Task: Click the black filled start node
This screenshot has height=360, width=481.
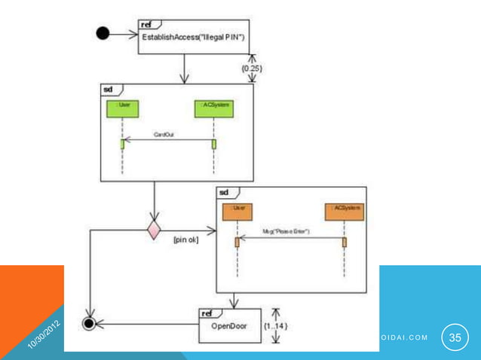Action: click(x=103, y=35)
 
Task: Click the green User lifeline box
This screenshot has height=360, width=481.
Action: click(x=121, y=108)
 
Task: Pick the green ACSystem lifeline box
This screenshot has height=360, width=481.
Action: click(x=214, y=108)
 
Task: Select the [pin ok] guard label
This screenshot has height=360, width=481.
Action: click(x=186, y=240)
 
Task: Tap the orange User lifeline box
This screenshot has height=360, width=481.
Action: click(x=237, y=212)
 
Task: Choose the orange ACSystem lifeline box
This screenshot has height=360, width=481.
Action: click(x=345, y=212)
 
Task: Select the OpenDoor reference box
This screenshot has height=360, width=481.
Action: click(x=228, y=325)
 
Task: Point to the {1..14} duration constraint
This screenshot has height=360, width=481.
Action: click(x=275, y=325)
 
